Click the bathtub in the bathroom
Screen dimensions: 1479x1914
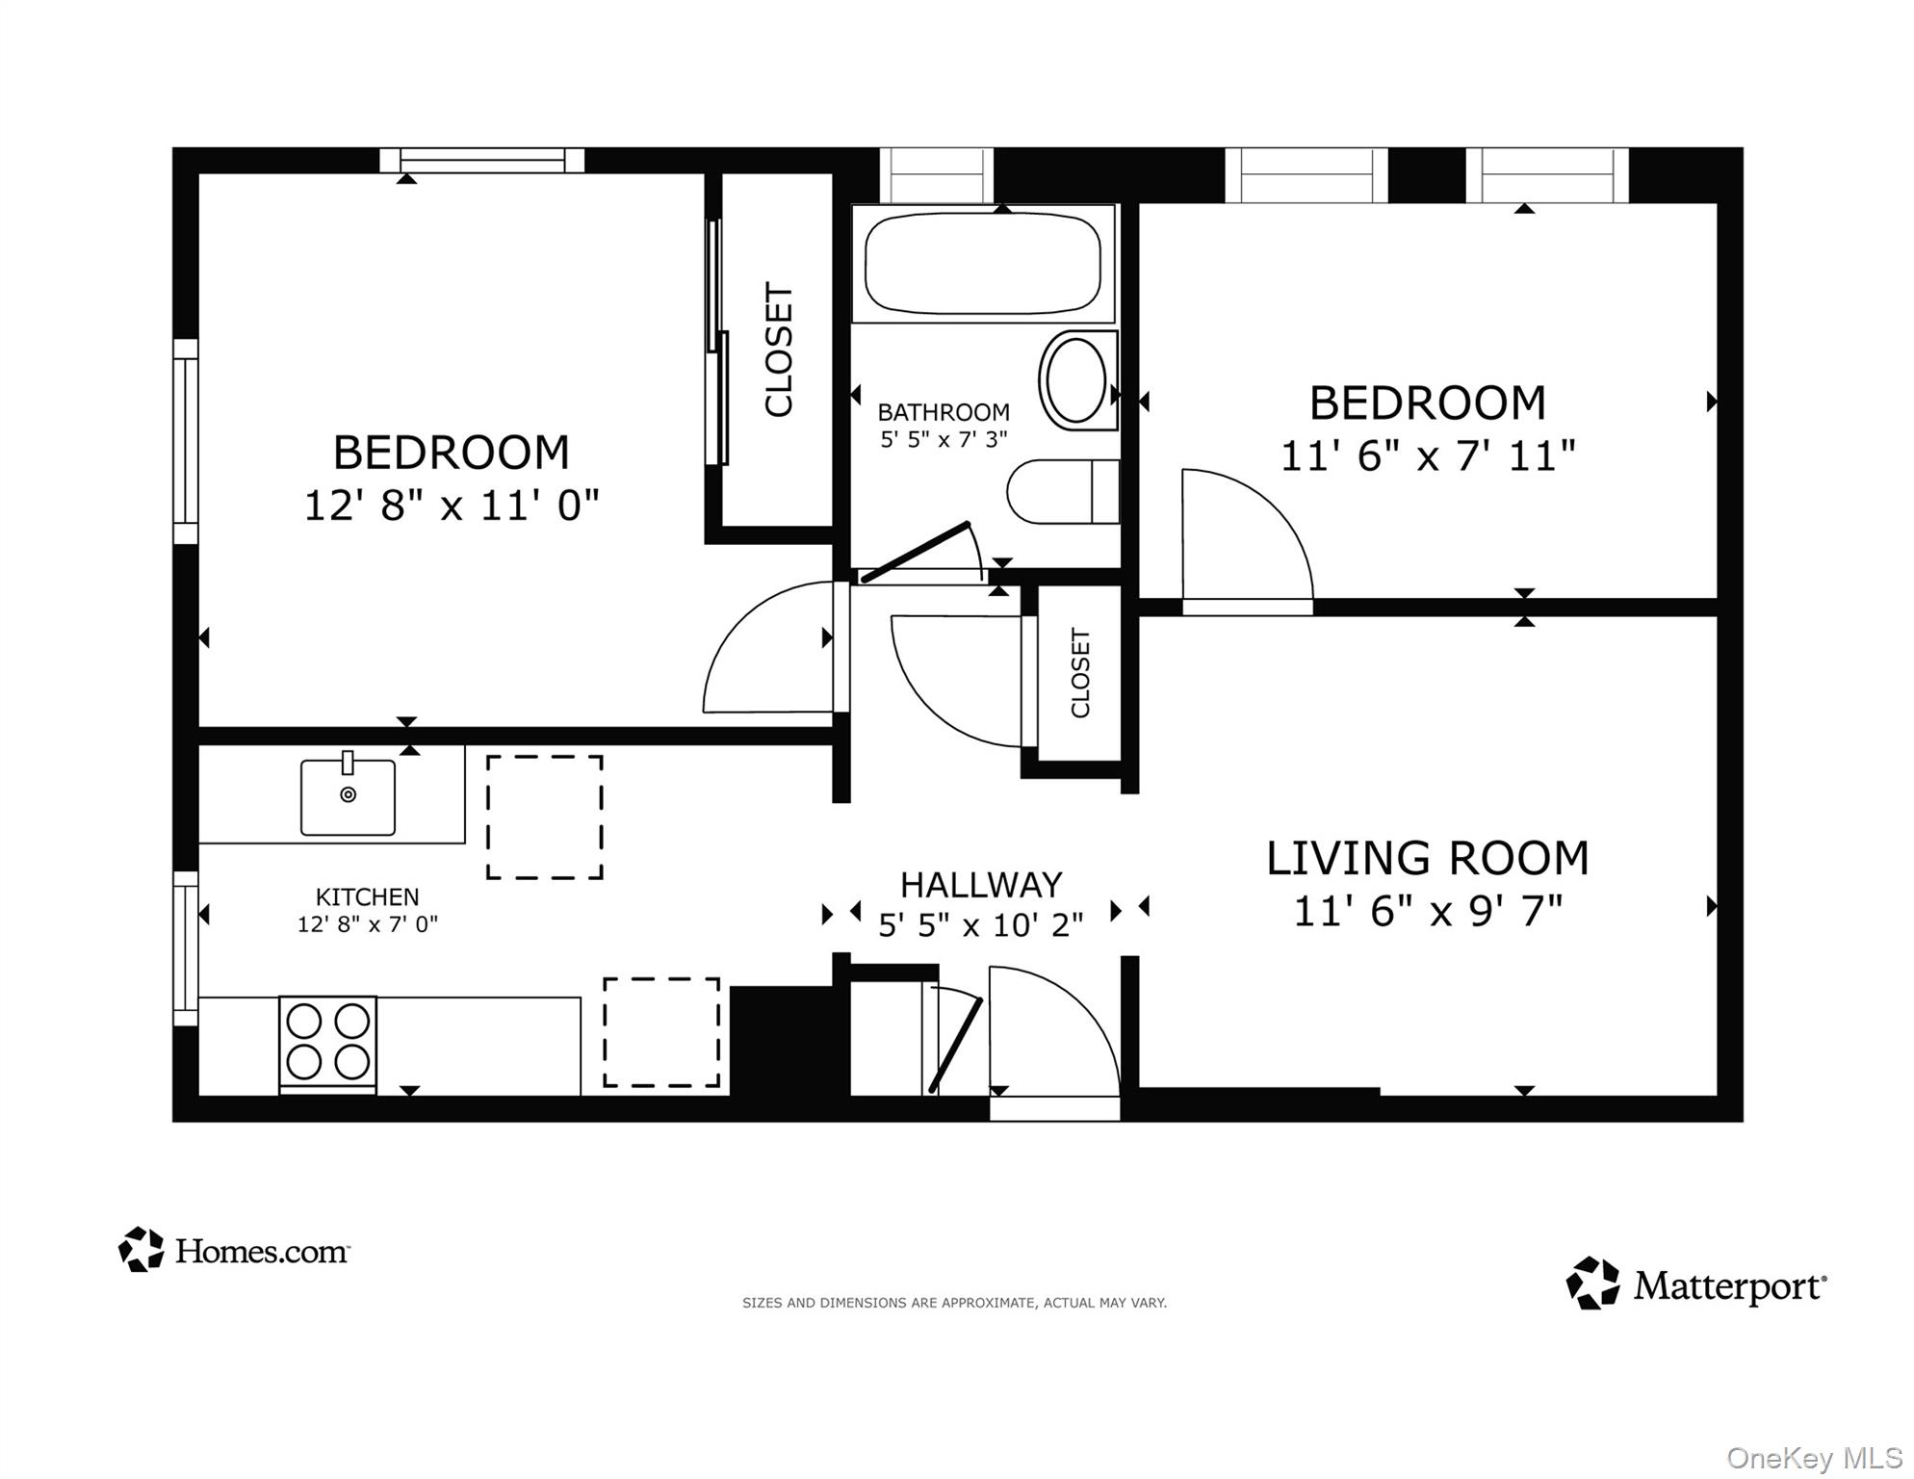pyautogui.click(x=982, y=263)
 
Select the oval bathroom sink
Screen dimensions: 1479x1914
pyautogui.click(x=1076, y=380)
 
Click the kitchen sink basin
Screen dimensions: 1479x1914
pyautogui.click(x=348, y=796)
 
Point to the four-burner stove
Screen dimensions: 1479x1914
pyautogui.click(x=328, y=1042)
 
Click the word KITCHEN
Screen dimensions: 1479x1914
pyautogui.click(x=367, y=896)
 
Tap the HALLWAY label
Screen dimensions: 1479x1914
pyautogui.click(x=980, y=884)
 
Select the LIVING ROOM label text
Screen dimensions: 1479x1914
pyautogui.click(x=1427, y=858)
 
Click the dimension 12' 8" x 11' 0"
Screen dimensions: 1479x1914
pyautogui.click(x=452, y=505)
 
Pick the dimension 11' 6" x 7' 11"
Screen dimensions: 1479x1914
pyautogui.click(x=1427, y=454)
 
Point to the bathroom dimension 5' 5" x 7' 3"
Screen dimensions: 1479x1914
pyautogui.click(x=944, y=439)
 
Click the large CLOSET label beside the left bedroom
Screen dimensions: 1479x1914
pyautogui.click(x=778, y=349)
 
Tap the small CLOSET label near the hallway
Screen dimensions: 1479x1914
pyautogui.click(x=1080, y=672)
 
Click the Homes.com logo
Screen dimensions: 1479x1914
pyautogui.click(x=234, y=1250)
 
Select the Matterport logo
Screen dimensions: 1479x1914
pyautogui.click(x=1695, y=1284)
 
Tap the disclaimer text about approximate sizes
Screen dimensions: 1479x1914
pyautogui.click(x=953, y=1303)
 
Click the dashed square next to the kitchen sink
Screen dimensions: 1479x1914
pyautogui.click(x=544, y=817)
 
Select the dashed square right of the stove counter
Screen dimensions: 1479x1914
pyautogui.click(x=661, y=1032)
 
